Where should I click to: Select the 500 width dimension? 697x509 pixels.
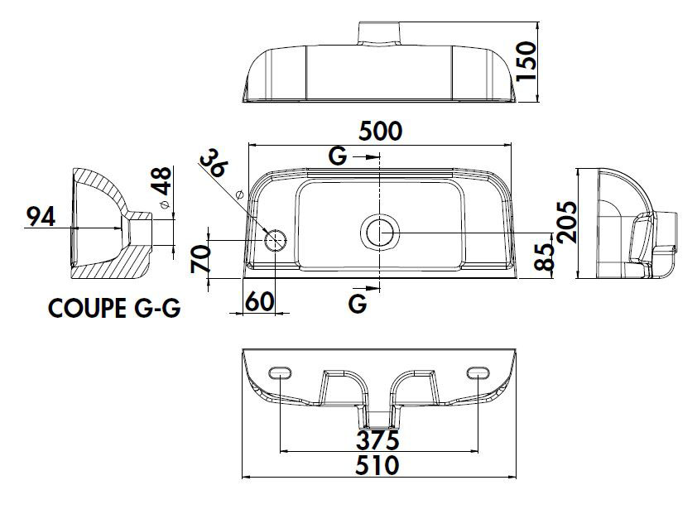click(x=380, y=131)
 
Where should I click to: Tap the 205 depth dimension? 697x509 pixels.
click(x=567, y=222)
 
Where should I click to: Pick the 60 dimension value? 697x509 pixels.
click(x=259, y=302)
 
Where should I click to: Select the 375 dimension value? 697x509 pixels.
click(x=378, y=438)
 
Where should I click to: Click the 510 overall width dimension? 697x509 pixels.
click(x=378, y=465)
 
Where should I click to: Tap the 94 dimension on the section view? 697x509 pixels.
click(x=40, y=217)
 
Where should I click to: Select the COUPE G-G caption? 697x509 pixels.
click(x=115, y=309)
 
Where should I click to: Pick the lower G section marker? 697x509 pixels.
click(x=358, y=304)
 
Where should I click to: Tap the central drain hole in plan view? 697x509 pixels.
click(x=380, y=232)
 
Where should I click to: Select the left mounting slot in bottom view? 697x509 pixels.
click(x=281, y=373)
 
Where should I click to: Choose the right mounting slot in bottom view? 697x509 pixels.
click(x=478, y=373)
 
